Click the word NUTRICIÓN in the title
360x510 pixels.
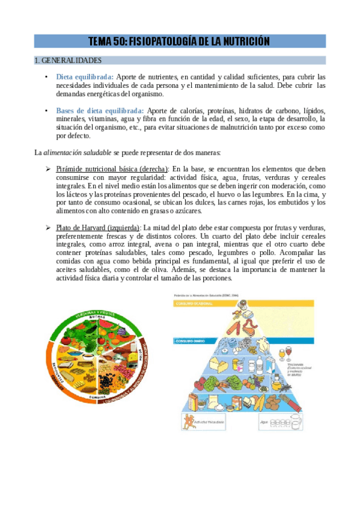(241, 41)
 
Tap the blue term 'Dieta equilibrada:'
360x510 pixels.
(84, 77)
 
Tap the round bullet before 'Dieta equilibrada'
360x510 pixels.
(46, 77)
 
